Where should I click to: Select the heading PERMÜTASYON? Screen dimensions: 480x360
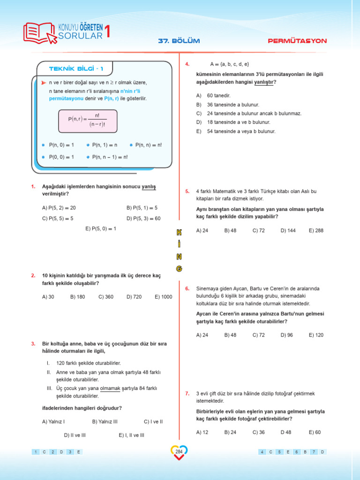coord(297,41)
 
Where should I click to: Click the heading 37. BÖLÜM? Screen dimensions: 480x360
coord(179,41)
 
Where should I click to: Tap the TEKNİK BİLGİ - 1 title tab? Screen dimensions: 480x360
coord(76,69)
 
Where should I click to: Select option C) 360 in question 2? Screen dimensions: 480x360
coord(106,297)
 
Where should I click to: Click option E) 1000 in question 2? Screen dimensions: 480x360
coord(163,297)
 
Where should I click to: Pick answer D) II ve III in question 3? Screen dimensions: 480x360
coord(75,435)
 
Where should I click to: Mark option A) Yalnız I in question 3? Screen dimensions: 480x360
coord(53,421)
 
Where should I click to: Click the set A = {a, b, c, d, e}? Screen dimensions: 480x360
coord(230,64)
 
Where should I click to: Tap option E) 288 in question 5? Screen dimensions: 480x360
coord(316,231)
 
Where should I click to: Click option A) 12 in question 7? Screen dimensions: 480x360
coord(202,432)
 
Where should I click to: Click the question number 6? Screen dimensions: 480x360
coord(187,288)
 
